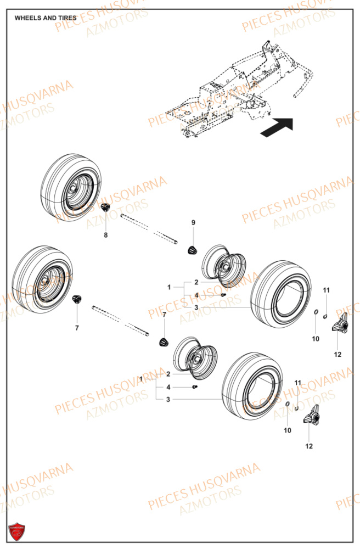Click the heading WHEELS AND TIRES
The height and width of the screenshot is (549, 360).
coord(46,18)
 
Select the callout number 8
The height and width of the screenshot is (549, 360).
coord(106,235)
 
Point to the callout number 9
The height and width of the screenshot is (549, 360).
coord(193,222)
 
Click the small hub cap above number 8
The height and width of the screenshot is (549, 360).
coord(105,207)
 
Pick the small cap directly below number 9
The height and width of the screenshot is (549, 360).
coord(192,250)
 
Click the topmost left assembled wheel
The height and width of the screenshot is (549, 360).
coord(71,188)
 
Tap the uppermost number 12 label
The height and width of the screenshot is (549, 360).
coord(337,354)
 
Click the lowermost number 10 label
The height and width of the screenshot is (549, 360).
coord(288,430)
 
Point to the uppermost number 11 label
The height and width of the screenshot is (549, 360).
coord(326,290)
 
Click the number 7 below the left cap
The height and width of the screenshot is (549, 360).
coord(77,328)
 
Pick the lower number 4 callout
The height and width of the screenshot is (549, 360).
coord(168,387)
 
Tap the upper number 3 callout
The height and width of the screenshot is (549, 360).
coord(196,307)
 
